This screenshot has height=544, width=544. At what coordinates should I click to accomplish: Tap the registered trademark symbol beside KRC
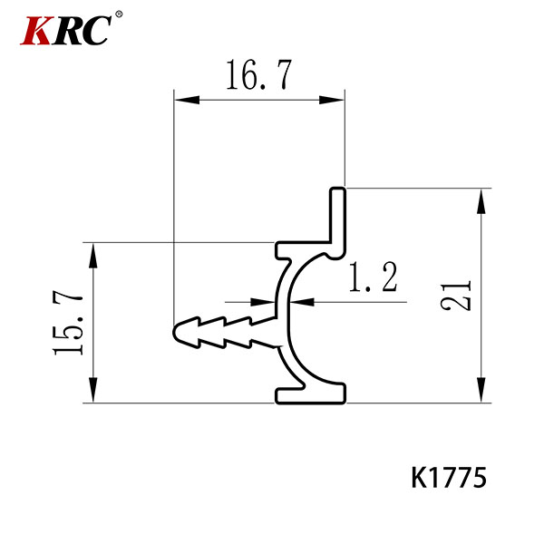[119, 15]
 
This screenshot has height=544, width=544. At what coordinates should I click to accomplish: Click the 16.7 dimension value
[258, 77]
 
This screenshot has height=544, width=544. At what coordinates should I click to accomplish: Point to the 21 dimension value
[460, 294]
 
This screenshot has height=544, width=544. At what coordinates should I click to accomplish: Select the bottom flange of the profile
[311, 393]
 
